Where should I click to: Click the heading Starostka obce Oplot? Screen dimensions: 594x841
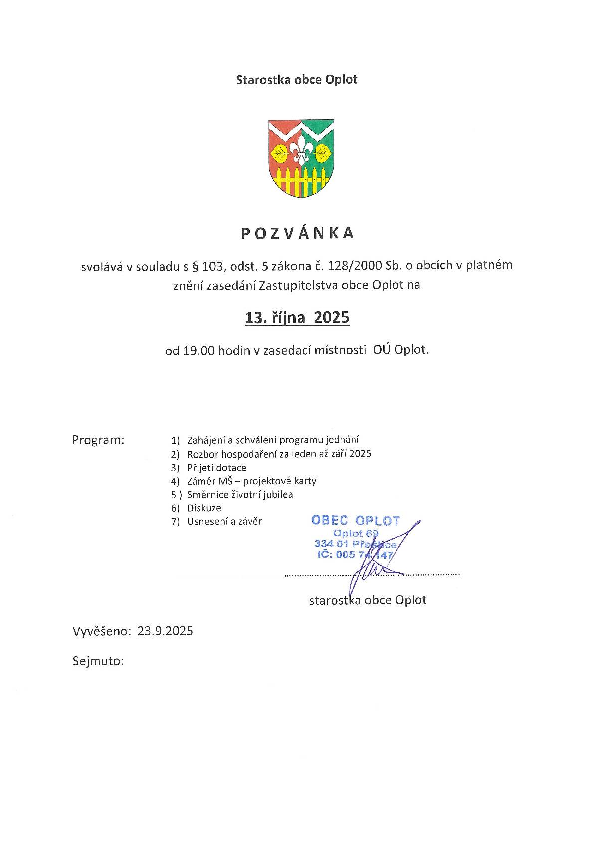297,79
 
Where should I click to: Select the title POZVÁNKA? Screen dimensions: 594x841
297,234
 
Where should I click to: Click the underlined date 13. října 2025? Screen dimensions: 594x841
297,318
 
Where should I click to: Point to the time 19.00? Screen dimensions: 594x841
198,350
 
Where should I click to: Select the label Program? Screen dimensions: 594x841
98,440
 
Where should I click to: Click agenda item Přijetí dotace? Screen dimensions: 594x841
216,468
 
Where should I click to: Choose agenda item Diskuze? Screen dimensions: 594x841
204,508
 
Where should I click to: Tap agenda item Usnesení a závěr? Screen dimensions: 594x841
224,522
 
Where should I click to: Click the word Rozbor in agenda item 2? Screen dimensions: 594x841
202,454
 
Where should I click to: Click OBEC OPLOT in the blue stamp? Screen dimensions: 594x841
356,520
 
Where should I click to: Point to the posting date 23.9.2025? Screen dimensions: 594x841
165,631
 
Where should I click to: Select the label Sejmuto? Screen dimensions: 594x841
98,662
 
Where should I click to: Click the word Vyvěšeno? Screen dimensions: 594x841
101,631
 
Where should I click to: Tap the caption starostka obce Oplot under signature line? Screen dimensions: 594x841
368,600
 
